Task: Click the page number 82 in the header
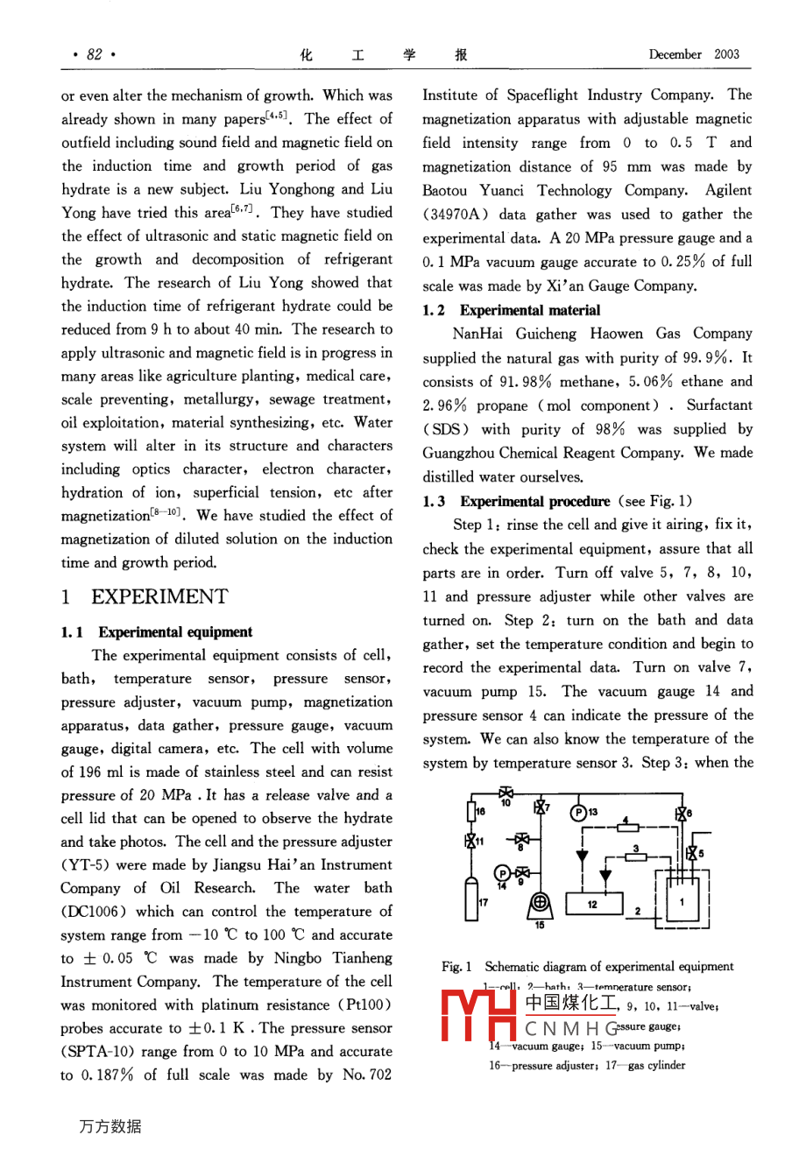click(x=95, y=54)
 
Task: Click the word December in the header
click(x=675, y=54)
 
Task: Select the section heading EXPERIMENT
click(x=159, y=597)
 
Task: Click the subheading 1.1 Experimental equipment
click(x=157, y=632)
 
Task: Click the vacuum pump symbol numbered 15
click(x=540, y=903)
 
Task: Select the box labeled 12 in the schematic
click(x=592, y=903)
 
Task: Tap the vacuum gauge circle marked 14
click(x=502, y=873)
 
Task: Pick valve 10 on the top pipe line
click(x=506, y=794)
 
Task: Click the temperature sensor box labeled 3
click(x=636, y=850)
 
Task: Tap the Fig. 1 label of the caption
click(x=456, y=967)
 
